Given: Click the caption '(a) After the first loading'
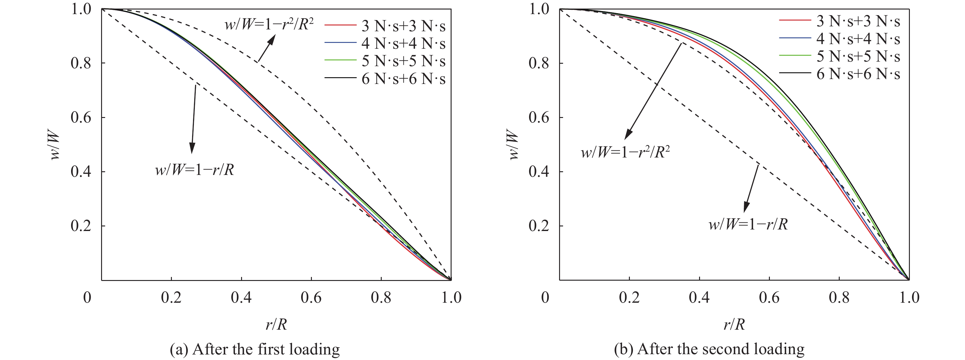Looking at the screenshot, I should click(255, 349).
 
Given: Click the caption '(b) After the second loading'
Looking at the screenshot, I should click(709, 349).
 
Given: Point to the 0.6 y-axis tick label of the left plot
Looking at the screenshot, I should click(81, 118).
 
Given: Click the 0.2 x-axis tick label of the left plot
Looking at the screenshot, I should click(171, 298).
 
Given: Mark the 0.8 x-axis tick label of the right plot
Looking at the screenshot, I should click(839, 298).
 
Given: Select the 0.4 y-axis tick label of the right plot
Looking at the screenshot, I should click(539, 172).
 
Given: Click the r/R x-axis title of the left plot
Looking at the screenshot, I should click(276, 324).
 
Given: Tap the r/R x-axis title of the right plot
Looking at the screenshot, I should click(734, 324).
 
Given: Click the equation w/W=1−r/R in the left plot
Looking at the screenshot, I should click(195, 170).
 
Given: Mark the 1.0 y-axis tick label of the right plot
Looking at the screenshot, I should click(539, 9).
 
